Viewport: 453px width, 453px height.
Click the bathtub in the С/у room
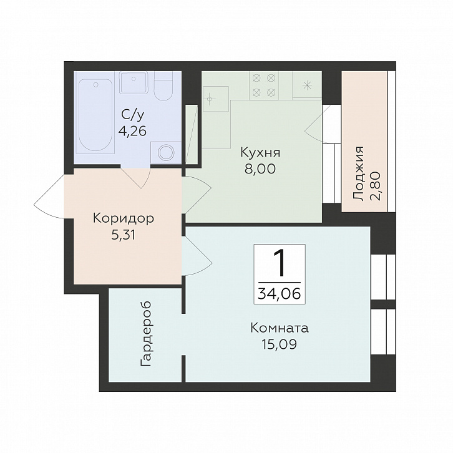click(95, 115)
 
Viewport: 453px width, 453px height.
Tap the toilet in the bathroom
click(163, 86)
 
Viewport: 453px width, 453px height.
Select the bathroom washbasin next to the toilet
click(134, 82)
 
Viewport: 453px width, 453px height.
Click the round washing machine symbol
click(166, 152)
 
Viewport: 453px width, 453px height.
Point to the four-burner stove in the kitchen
click(263, 85)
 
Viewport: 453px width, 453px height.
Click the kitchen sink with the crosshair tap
click(215, 99)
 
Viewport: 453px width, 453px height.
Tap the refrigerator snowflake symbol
click(307, 85)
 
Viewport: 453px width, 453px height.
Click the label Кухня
click(260, 153)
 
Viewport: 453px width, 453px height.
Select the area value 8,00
click(260, 168)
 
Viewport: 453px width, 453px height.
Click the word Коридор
click(124, 218)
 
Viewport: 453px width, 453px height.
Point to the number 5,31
click(124, 236)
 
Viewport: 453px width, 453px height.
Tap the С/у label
click(132, 115)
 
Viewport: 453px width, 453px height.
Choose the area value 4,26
click(132, 132)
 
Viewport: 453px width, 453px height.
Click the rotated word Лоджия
click(359, 173)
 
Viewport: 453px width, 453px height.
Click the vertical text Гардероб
click(146, 334)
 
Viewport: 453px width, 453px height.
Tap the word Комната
click(280, 328)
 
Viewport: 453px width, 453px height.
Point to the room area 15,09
click(279, 344)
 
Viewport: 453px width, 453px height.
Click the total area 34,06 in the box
click(280, 294)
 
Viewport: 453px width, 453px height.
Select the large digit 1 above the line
click(279, 263)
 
